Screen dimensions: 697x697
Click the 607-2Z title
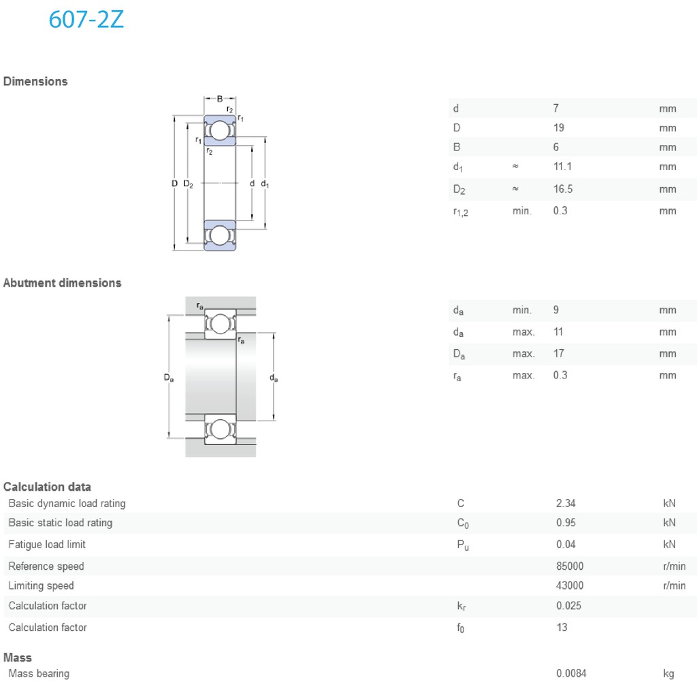86,20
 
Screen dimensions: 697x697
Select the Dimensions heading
35,82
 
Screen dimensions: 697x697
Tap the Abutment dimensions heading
62,283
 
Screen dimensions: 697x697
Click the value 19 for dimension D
559,128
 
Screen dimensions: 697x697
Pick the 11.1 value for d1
562,167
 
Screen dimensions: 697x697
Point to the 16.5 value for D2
563,189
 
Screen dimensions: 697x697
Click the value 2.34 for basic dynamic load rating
566,503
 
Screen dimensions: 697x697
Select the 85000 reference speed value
570,566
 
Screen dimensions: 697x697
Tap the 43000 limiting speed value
570,586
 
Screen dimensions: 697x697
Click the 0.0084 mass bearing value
571,674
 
